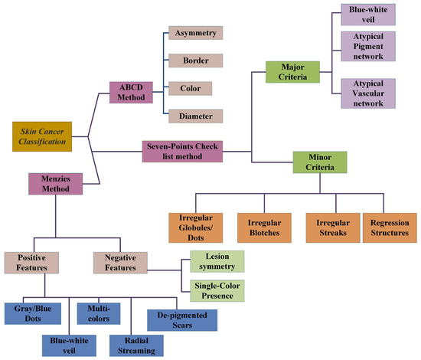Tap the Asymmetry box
tap(195, 33)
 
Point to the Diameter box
tap(195, 116)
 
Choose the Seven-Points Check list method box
tap(182, 151)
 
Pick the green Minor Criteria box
tap(320, 162)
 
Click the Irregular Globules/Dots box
tap(195, 227)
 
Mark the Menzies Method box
tap(55, 184)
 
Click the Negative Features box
tap(120, 262)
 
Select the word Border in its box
tap(195, 61)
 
